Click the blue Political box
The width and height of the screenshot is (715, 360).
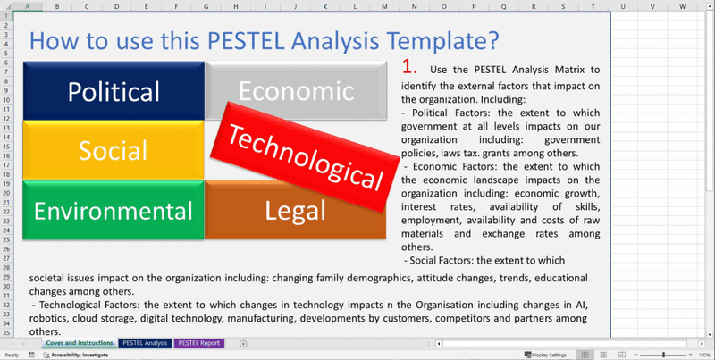(x=114, y=91)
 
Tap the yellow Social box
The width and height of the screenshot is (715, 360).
(x=114, y=150)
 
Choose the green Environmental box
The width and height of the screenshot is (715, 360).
(x=114, y=211)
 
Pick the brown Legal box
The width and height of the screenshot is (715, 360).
(x=296, y=211)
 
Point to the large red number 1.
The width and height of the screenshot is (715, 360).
(x=410, y=66)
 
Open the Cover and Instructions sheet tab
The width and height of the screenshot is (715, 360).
(x=79, y=343)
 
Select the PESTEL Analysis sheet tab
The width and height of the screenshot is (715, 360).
(x=145, y=343)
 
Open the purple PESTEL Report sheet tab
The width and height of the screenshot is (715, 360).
(x=199, y=343)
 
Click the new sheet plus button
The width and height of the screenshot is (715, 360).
(x=243, y=344)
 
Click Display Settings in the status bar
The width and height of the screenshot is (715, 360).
(x=548, y=355)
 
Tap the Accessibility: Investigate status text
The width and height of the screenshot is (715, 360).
(x=79, y=355)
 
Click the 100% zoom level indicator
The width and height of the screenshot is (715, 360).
(x=704, y=355)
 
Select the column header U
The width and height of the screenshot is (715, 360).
(x=622, y=6)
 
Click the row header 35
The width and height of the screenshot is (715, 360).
(x=6, y=331)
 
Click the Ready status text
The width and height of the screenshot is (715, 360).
(x=12, y=355)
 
